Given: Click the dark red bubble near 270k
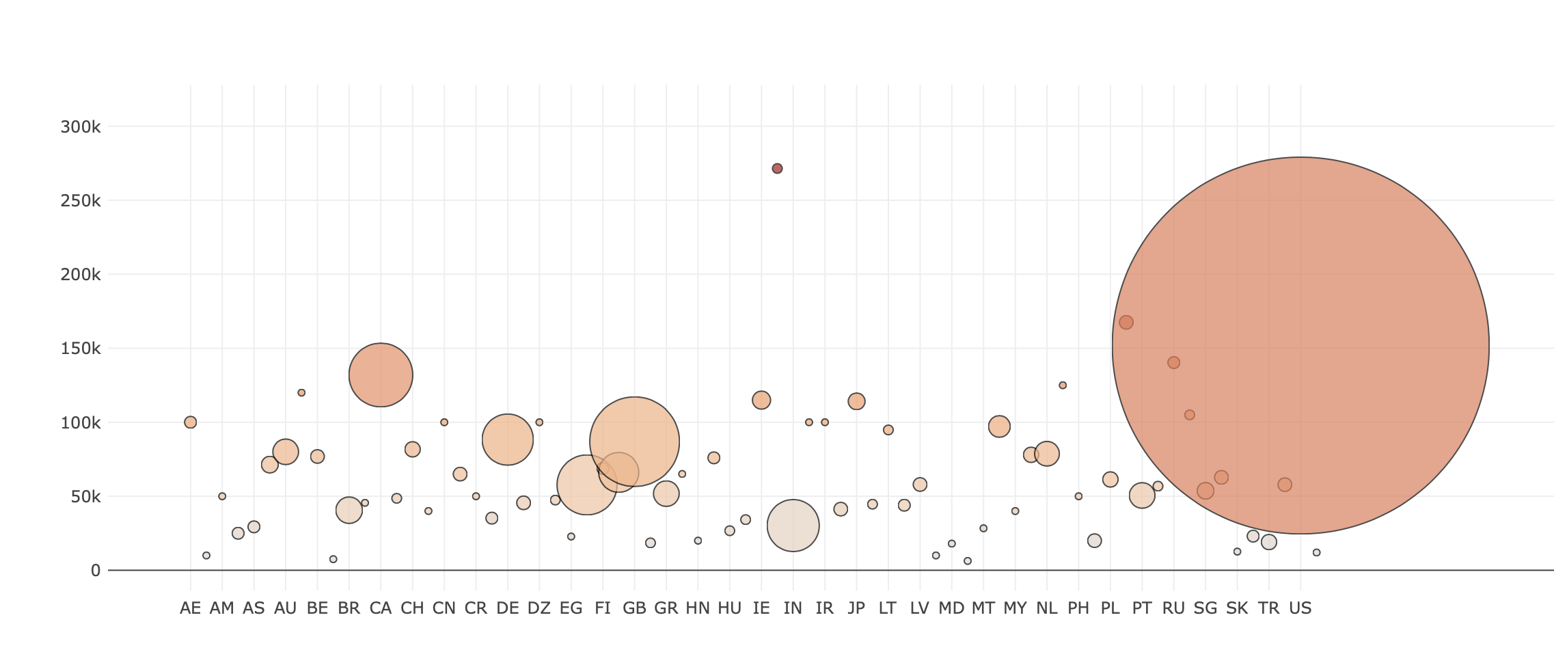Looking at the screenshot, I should pos(777,169).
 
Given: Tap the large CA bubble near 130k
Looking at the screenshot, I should pos(381,375).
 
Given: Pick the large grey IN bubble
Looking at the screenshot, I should pos(793,526).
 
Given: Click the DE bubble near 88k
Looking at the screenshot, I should pos(507,439).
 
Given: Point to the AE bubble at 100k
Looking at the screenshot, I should pos(191,422).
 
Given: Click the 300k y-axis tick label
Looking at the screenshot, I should pos(81,127).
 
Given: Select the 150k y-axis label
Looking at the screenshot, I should pos(81,349).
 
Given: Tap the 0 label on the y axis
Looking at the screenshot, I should pos(95,571).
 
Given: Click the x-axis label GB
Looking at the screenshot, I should pos(634,608).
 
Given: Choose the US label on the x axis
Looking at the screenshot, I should pos(1300,608).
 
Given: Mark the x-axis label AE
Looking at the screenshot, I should pos(191,608).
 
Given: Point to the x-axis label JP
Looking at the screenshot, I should pos(856,608).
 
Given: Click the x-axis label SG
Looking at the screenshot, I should pos(1205,608).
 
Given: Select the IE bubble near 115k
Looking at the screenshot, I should pos(761,400).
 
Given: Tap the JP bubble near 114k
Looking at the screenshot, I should pos(856,401).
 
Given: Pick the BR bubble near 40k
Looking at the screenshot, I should pos(349,511).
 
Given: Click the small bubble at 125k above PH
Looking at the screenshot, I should pos(1063,385).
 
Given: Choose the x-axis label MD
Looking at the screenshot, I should pos(951,608).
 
